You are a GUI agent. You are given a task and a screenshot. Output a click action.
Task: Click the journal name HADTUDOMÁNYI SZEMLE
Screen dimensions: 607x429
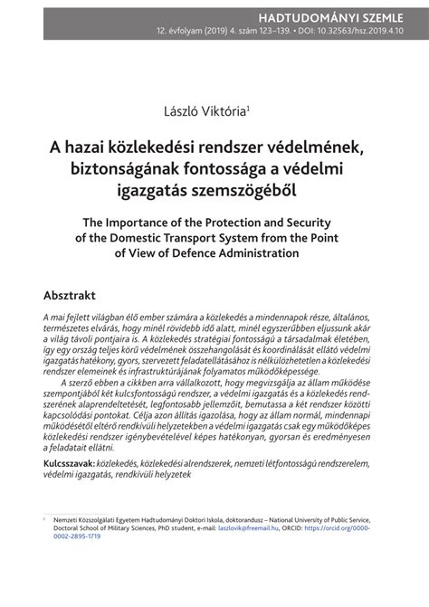(x=348, y=15)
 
